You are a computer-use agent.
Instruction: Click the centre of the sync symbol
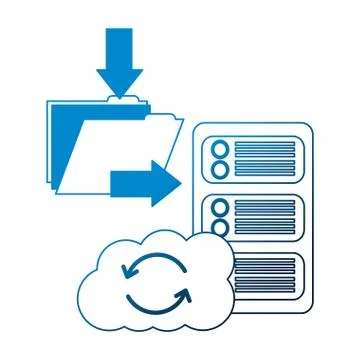point(155,282)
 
